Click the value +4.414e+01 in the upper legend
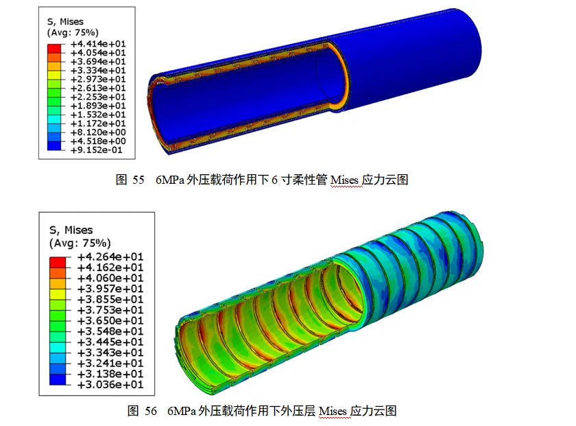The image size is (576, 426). point(98,44)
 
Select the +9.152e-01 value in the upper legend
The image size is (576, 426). point(96,150)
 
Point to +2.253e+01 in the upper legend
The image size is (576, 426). point(98,97)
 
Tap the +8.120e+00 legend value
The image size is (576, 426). point(98,132)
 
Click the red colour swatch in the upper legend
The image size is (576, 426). point(54,49)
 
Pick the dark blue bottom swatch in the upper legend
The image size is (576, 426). point(54,145)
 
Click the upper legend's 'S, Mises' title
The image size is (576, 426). point(65,22)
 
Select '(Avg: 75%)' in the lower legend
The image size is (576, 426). point(80,243)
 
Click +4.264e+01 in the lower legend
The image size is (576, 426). point(110,257)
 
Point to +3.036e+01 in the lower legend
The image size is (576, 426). point(110,384)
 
